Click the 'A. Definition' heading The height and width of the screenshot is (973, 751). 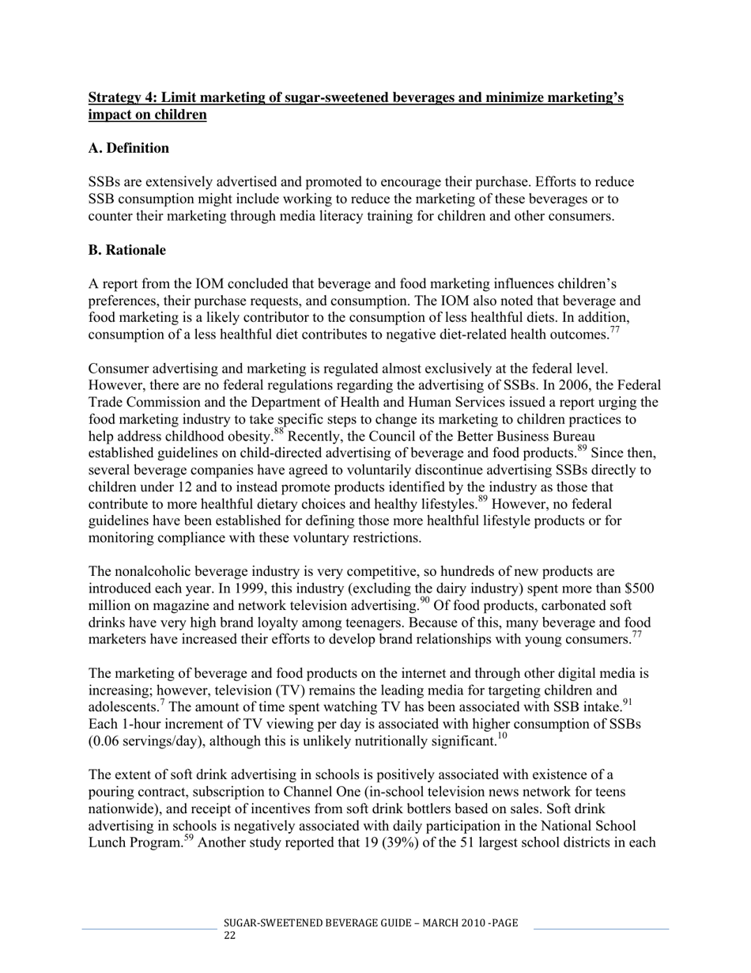click(x=128, y=149)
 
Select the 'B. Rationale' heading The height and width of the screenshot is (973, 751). click(x=126, y=251)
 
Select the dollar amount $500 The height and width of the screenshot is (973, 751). click(x=639, y=589)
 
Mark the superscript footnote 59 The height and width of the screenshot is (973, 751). click(x=189, y=838)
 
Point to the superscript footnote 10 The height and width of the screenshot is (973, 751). click(x=502, y=736)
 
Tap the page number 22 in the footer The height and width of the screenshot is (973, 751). click(x=229, y=935)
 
